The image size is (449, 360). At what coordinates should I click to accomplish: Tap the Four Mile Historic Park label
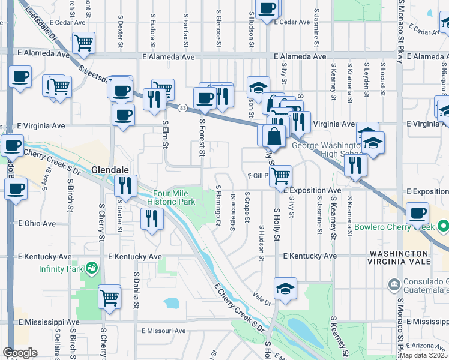pos(174,197)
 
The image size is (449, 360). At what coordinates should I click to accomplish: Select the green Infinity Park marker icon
pos(91,267)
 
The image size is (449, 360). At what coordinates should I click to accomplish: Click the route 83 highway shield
pos(182,107)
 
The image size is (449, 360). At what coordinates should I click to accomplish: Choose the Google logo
pos(20,353)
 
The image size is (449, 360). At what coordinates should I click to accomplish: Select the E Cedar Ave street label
pos(293,22)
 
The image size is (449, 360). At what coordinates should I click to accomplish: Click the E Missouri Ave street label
pos(164,331)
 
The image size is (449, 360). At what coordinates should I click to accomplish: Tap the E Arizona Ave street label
pos(429,346)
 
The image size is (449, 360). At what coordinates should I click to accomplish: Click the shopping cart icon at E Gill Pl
pos(280,176)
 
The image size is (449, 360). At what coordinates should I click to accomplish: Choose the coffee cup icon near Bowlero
pos(417,212)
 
